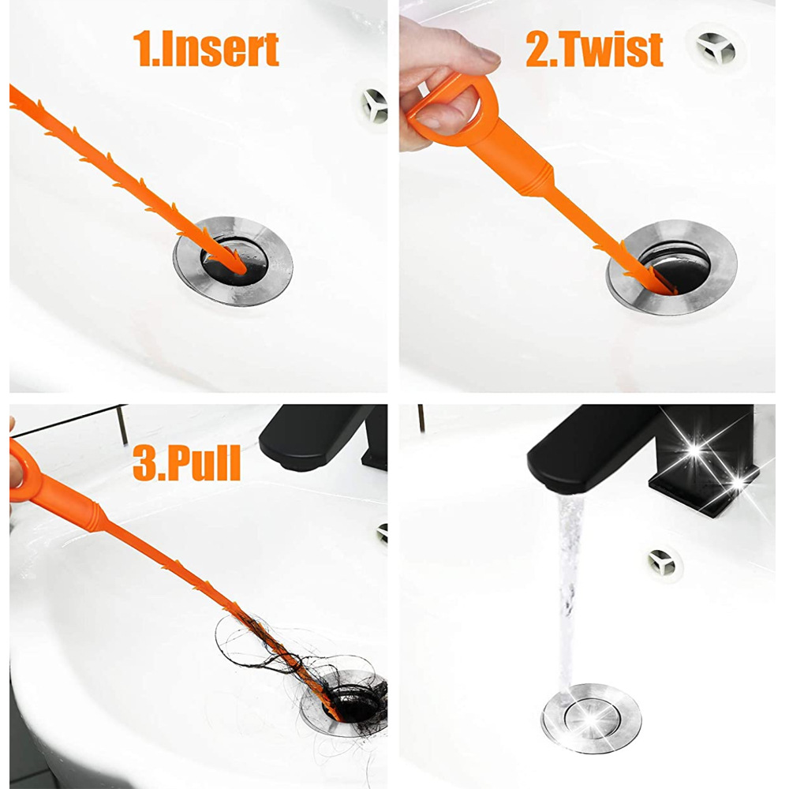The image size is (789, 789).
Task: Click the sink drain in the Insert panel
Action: tap(234, 263)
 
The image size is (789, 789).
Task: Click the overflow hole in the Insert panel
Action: tap(374, 106)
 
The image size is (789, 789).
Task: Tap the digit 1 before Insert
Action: tap(147, 49)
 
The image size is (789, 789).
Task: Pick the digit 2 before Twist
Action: tap(539, 49)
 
